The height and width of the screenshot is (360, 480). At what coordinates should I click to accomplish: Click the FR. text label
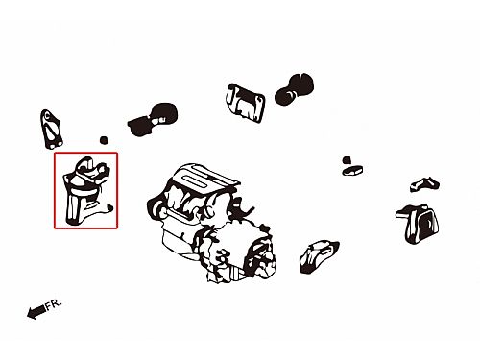pyautogui.click(x=53, y=304)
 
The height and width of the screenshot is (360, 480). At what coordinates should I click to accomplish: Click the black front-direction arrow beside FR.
pyautogui.click(x=36, y=312)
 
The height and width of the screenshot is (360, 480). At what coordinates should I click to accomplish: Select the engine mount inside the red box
pyautogui.click(x=87, y=191)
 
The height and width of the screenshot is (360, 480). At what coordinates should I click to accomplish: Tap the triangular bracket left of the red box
pyautogui.click(x=51, y=130)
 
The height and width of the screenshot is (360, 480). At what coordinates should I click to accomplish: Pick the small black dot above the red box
pyautogui.click(x=104, y=140)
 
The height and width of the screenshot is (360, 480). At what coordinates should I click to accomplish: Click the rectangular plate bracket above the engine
pyautogui.click(x=246, y=103)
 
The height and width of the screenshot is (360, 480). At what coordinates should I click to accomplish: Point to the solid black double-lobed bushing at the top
pyautogui.click(x=294, y=88)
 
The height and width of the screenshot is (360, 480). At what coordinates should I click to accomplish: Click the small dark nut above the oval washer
pyautogui.click(x=347, y=159)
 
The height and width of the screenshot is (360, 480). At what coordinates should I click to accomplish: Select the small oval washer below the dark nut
pyautogui.click(x=352, y=170)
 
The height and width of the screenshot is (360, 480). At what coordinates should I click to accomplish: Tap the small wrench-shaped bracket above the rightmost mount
pyautogui.click(x=424, y=184)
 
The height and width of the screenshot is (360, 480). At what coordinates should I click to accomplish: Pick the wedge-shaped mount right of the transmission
pyautogui.click(x=319, y=256)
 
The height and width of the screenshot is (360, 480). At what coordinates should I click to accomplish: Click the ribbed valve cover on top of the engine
pyautogui.click(x=204, y=180)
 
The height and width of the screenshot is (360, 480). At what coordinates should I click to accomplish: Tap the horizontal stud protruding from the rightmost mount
pyautogui.click(x=403, y=214)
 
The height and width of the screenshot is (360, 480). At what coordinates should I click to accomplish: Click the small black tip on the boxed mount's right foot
pyautogui.click(x=109, y=207)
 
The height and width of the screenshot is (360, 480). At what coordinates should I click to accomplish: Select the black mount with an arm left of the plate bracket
pyautogui.click(x=153, y=119)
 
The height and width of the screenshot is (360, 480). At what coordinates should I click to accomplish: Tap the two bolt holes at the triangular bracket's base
pyautogui.click(x=55, y=145)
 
